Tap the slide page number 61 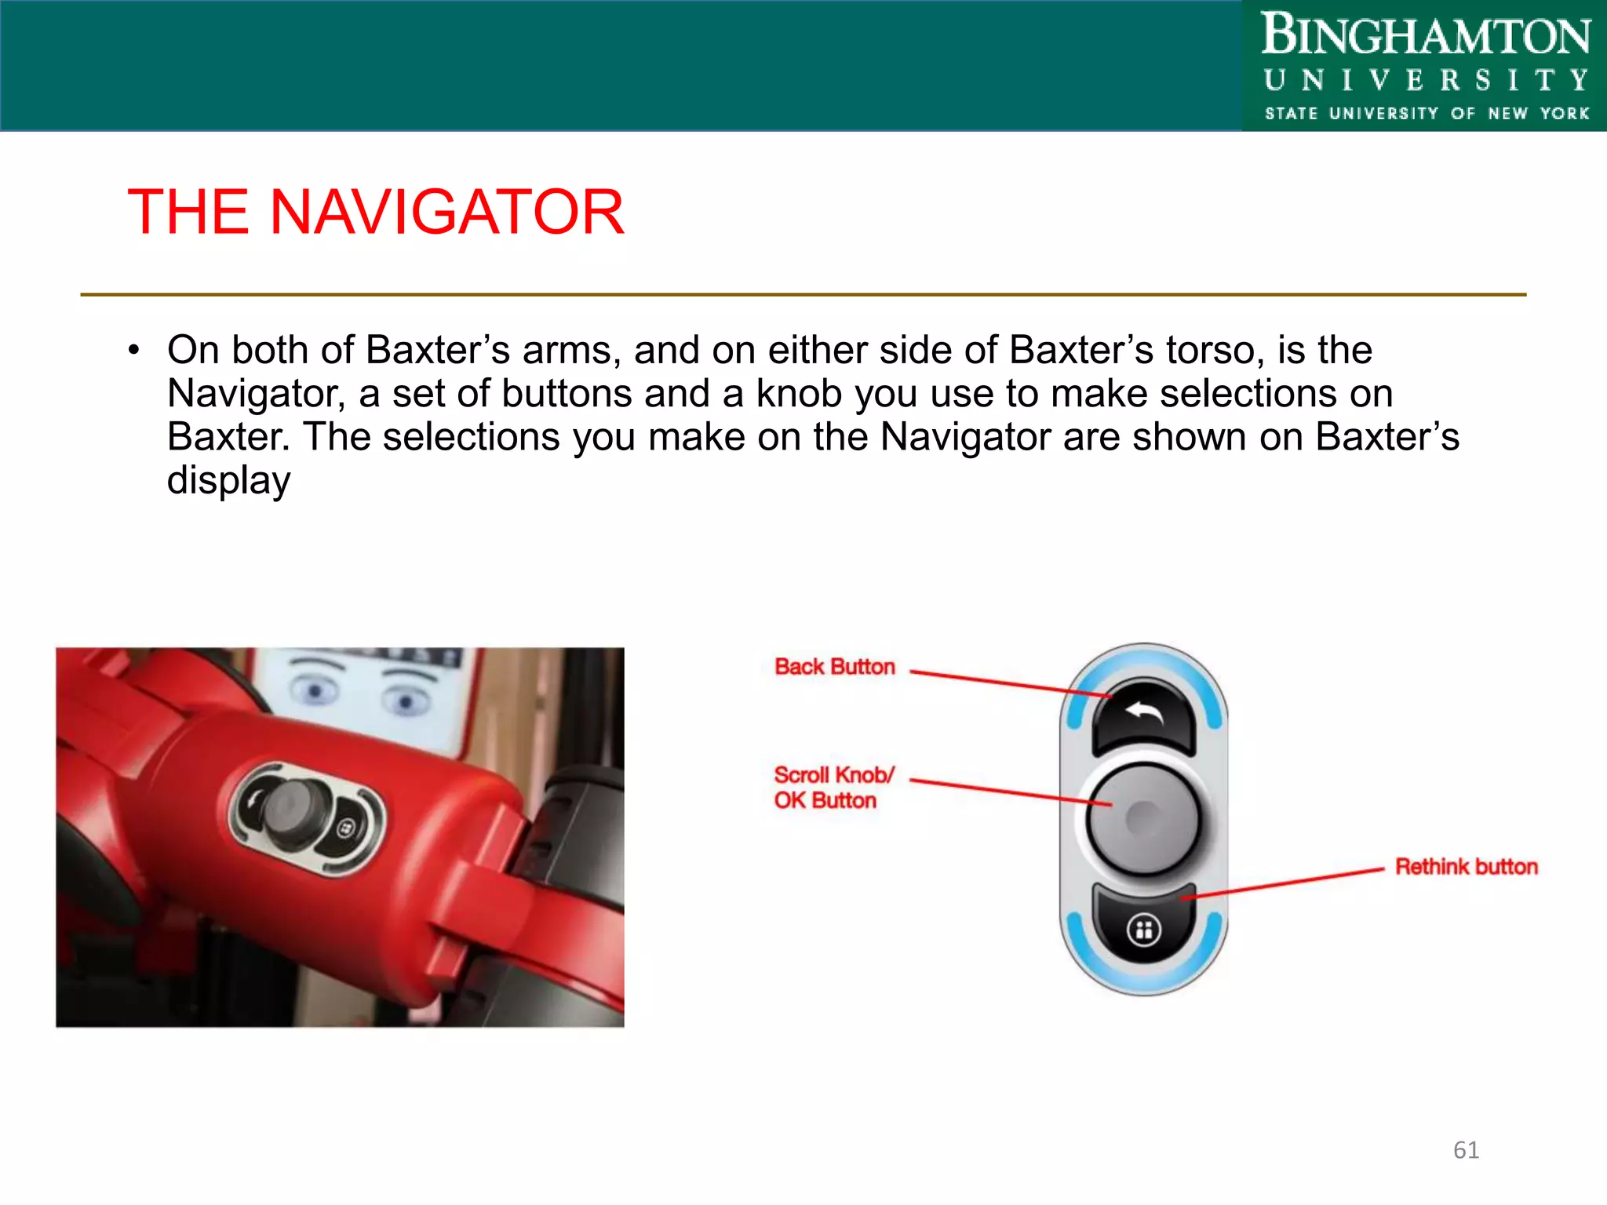click(x=1466, y=1150)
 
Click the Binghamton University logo click(x=1424, y=66)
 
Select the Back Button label click(x=834, y=667)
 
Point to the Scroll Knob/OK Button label click(x=833, y=788)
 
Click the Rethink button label click(x=1466, y=867)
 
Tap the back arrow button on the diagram click(x=1143, y=715)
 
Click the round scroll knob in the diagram click(x=1143, y=818)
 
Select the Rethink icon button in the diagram click(x=1143, y=930)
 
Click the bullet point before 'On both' click(x=134, y=351)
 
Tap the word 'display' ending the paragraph click(x=228, y=480)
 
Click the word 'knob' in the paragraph click(x=799, y=394)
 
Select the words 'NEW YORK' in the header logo click(x=1538, y=114)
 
